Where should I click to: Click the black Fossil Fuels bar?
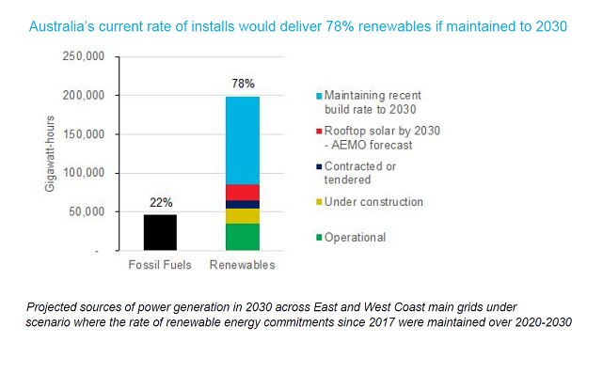pos(159,232)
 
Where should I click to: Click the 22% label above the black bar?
pos(159,203)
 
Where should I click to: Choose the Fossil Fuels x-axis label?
pos(159,265)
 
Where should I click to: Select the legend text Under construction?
pos(374,202)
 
